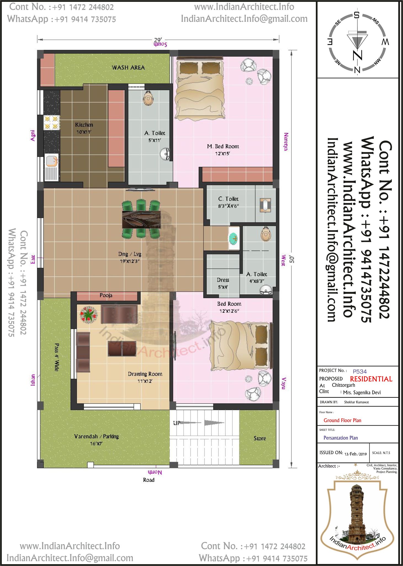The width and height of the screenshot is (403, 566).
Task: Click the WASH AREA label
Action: coord(128,67)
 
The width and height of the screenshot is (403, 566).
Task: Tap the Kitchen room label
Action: coord(84,125)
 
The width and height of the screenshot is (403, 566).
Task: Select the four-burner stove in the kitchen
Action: coord(52,122)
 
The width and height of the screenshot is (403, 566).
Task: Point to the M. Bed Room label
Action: coord(223,146)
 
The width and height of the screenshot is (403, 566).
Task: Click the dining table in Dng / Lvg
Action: coord(141,220)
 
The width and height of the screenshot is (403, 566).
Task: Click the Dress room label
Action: coord(223,280)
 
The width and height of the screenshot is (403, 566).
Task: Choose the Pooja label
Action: coord(106,295)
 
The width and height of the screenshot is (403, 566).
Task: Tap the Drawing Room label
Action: coord(145,374)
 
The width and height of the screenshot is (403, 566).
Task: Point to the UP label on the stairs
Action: coord(177,423)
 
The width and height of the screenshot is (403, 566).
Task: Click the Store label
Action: coord(260,438)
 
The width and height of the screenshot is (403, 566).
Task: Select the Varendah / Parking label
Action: coord(96,436)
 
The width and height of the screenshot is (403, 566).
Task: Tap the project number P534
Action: coord(360,371)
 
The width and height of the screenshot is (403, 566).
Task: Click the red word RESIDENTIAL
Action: coord(371,379)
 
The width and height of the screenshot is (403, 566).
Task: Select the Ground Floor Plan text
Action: coord(342,420)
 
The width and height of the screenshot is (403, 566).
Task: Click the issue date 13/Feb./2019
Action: coord(356,454)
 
